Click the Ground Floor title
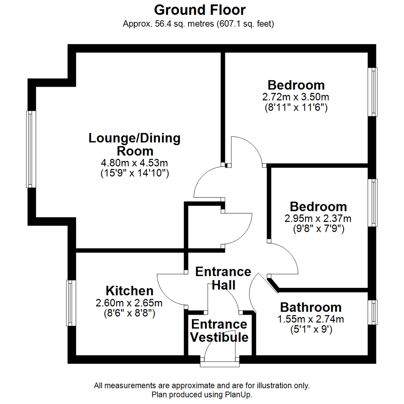click(200, 10)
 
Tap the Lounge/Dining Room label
click(135, 145)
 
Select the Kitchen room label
click(129, 291)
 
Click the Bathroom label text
click(311, 307)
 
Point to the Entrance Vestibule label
click(219, 331)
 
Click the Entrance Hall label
click(223, 278)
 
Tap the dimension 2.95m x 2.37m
click(318, 218)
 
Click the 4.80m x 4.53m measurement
click(135, 163)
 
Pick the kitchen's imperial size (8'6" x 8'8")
click(129, 313)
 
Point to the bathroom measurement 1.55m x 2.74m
click(311, 319)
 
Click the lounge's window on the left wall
click(31, 149)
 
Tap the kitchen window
click(71, 303)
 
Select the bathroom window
click(372, 312)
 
